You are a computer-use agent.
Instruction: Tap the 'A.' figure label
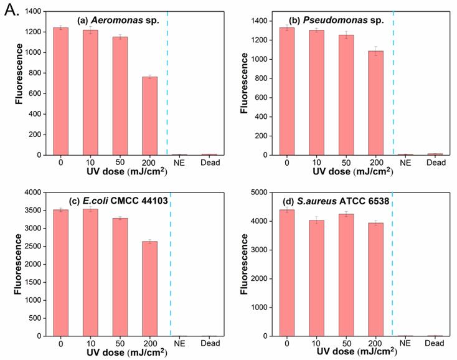(11, 10)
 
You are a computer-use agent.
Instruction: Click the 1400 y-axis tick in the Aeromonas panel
(33, 12)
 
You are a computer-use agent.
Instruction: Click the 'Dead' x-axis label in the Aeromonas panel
(209, 163)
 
